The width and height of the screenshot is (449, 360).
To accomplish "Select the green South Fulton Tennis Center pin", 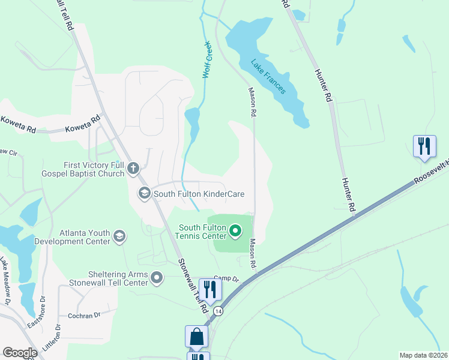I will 235,230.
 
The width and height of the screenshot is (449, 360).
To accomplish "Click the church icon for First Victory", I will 133,169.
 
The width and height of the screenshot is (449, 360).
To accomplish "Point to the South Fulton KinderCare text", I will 199,194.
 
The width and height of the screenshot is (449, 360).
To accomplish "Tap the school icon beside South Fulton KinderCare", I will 144,193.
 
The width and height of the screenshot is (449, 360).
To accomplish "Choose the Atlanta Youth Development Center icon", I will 119,236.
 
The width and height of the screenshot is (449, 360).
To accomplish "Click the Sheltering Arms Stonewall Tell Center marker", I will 157,277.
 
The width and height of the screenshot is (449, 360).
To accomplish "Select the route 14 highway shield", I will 219,311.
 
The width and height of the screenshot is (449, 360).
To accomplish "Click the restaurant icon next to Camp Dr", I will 210,289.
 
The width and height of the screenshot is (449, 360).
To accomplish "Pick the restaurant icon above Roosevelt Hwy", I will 424,146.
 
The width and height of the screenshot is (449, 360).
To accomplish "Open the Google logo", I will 20,353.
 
